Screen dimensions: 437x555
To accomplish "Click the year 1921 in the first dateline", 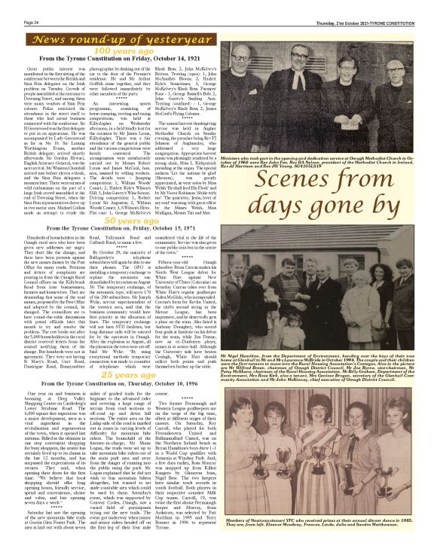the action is click(207, 57).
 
